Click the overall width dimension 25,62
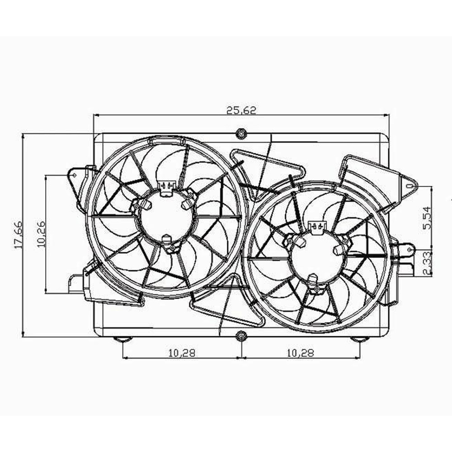(242, 110)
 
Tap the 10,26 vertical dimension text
(42, 234)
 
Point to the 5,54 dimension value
(427, 217)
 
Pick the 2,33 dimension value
(427, 263)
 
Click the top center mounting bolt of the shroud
(242, 133)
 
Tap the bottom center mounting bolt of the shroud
(242, 336)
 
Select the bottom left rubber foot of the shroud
(123, 339)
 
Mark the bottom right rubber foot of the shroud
(360, 339)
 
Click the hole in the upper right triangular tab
(410, 185)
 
